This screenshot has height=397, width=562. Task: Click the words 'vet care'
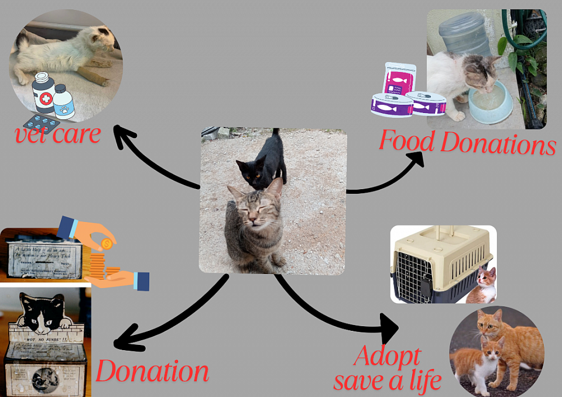click(x=58, y=135)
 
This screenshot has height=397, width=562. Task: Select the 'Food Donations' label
click(x=467, y=142)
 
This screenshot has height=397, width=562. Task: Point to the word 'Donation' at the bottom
click(x=152, y=371)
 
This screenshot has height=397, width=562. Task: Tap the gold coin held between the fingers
click(x=107, y=243)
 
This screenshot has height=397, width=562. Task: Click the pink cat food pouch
click(x=399, y=78)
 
